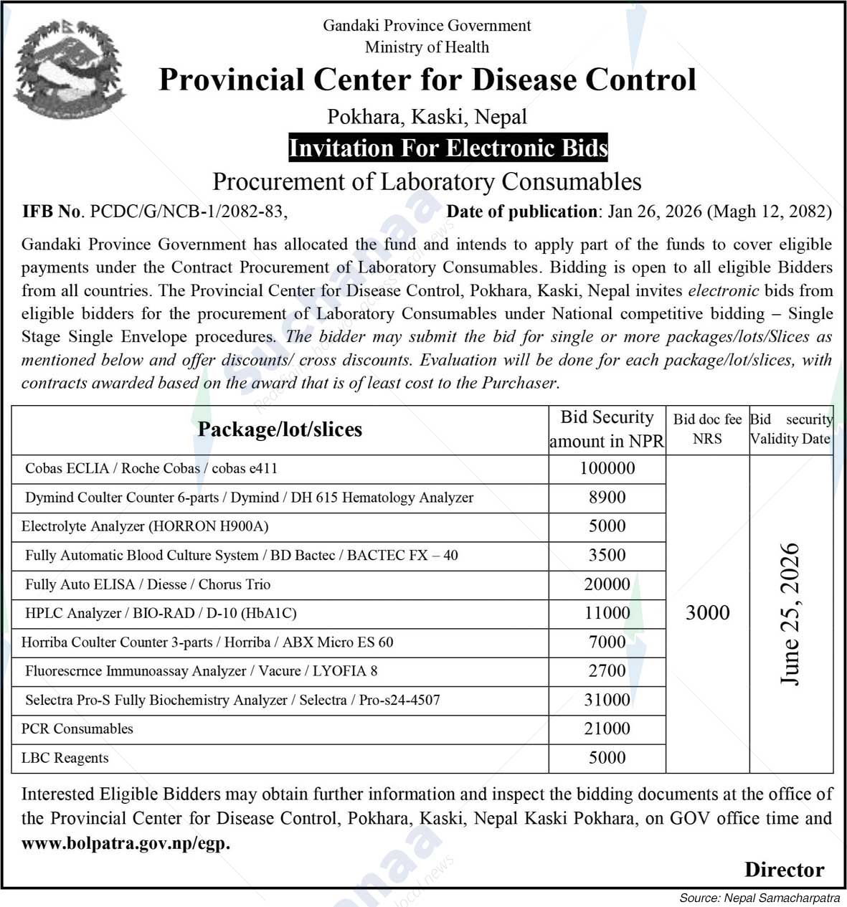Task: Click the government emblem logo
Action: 69,69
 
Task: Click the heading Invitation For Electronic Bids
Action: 448,148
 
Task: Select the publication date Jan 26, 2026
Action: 654,212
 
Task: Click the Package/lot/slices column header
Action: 280,429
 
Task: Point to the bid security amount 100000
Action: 607,468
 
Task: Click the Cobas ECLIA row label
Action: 151,468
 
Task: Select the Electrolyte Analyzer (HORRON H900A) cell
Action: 145,526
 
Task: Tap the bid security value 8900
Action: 607,498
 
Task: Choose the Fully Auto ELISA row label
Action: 148,584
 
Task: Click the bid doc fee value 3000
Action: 707,612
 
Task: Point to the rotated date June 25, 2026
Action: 790,614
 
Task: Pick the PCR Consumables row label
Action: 77,728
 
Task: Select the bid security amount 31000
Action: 607,700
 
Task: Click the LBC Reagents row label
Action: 65,758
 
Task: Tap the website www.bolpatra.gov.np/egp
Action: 126,843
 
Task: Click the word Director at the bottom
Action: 784,870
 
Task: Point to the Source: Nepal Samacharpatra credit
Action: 760,898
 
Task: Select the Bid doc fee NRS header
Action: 707,429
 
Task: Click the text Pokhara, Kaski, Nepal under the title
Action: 427,116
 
